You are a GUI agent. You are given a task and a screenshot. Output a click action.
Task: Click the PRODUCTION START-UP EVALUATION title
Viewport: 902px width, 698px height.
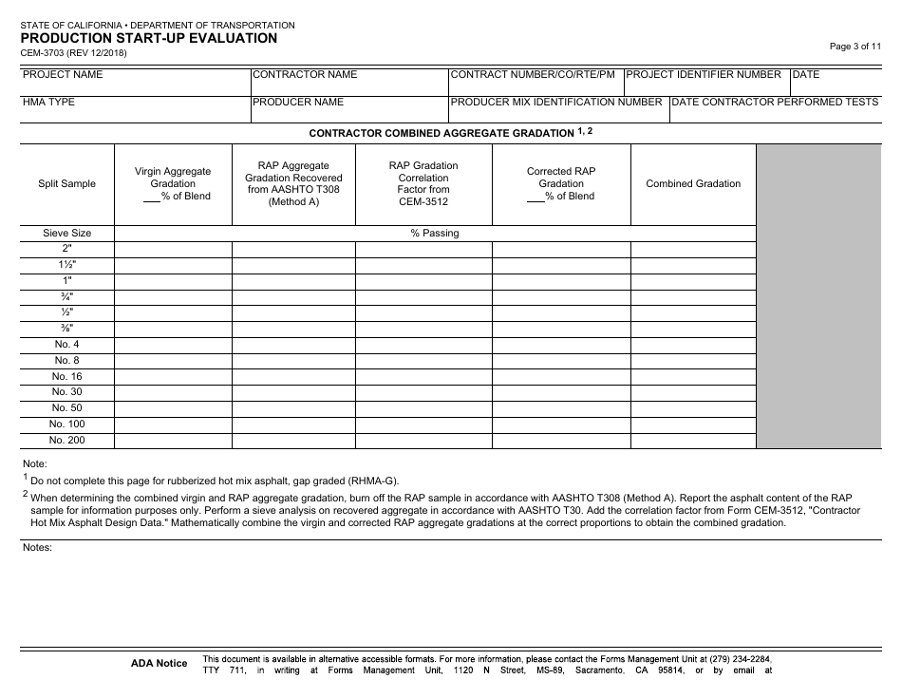click(x=148, y=38)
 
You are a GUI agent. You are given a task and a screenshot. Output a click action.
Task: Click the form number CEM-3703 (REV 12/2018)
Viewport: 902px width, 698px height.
click(x=74, y=53)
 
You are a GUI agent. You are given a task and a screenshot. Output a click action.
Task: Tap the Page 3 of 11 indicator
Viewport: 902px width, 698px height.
click(x=861, y=46)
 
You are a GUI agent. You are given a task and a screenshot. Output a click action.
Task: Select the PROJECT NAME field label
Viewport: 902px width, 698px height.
click(x=63, y=74)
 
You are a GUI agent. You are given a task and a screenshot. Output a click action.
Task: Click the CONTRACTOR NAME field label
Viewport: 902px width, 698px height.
click(x=306, y=74)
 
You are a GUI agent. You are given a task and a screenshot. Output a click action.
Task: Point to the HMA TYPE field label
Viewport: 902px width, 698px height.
click(x=49, y=102)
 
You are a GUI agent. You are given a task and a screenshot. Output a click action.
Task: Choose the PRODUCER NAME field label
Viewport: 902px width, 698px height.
click(x=299, y=102)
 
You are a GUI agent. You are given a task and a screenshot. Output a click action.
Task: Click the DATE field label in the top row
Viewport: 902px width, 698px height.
click(x=806, y=74)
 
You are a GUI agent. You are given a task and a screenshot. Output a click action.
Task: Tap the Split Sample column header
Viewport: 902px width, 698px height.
click(x=66, y=183)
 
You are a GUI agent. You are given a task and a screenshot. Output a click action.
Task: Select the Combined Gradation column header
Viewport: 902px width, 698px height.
click(x=693, y=183)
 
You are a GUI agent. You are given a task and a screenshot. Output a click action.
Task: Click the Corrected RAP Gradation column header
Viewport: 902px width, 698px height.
click(x=561, y=183)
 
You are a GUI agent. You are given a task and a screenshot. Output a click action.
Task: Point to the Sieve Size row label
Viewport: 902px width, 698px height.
click(x=66, y=233)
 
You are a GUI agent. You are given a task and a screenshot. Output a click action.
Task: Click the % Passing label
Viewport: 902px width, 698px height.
click(x=435, y=233)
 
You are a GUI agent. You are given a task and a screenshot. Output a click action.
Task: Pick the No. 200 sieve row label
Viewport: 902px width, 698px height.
click(x=66, y=440)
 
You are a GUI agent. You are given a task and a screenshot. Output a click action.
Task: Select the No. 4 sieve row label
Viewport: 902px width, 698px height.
click(x=66, y=344)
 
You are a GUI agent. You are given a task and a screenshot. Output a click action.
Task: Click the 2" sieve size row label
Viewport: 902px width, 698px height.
click(x=66, y=249)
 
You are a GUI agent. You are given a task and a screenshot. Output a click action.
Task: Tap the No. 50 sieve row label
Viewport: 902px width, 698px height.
click(x=66, y=407)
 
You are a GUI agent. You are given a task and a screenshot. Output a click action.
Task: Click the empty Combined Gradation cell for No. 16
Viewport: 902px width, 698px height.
click(x=693, y=376)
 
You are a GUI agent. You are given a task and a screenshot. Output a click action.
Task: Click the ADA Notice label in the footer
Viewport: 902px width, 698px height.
click(x=160, y=663)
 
